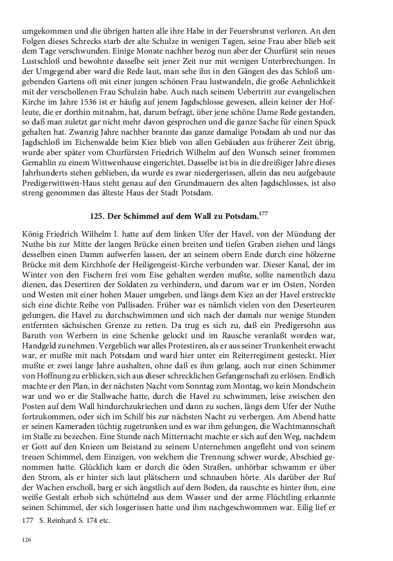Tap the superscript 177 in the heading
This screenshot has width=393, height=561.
(263, 214)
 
